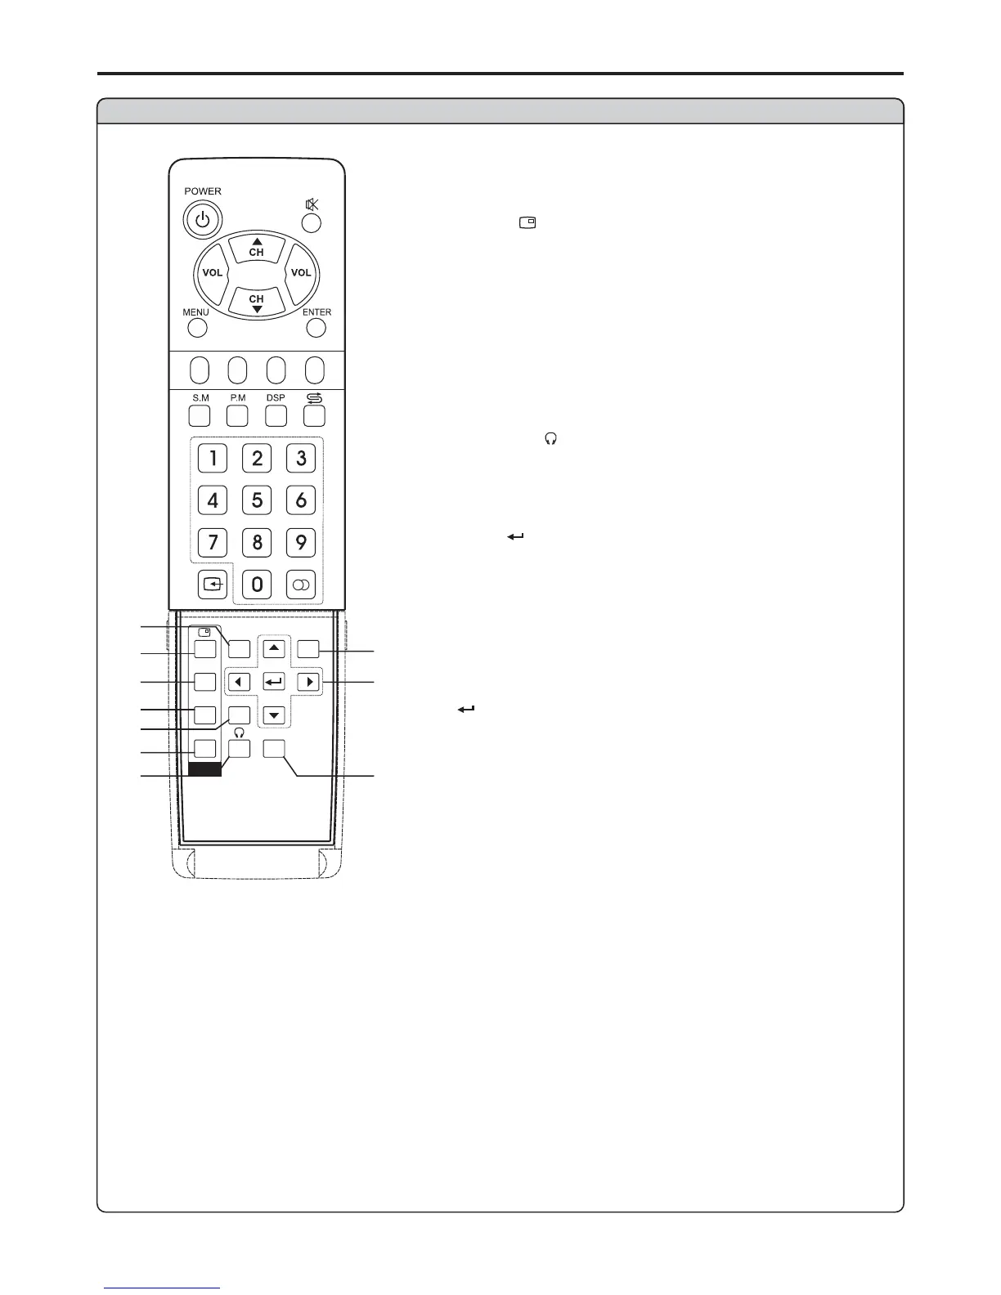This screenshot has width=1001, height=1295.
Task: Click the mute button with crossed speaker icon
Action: click(312, 222)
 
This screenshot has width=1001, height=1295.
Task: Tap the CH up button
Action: click(257, 248)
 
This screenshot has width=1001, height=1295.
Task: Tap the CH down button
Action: click(257, 302)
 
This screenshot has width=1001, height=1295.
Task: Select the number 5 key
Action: click(257, 500)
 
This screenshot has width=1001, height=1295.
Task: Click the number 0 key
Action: click(257, 584)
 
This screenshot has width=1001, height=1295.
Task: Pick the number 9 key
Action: click(301, 542)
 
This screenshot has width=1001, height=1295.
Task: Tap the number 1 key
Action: click(213, 457)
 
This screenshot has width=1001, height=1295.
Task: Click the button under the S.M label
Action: click(200, 415)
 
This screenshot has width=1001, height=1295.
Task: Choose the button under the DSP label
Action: click(276, 415)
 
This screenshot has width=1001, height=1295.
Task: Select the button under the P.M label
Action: click(237, 415)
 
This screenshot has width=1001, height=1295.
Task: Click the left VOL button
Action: click(212, 273)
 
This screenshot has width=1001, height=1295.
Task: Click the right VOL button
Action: click(301, 273)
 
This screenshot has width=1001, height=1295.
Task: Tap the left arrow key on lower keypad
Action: click(239, 681)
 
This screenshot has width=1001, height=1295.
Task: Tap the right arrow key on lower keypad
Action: click(308, 681)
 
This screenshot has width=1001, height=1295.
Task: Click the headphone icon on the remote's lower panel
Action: click(239, 733)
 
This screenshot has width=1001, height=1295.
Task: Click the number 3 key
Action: click(301, 457)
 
